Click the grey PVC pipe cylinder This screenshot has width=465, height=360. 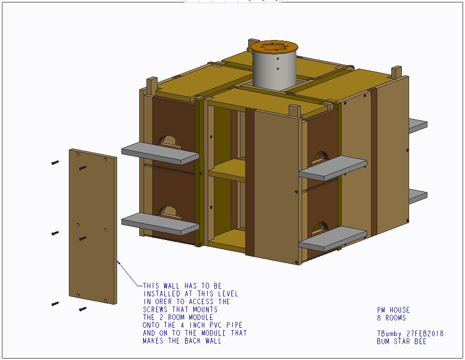pos(274,70)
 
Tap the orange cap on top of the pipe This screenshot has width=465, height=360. pos(274,47)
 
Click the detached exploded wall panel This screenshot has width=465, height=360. pos(93,227)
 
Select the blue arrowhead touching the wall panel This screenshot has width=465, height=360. pos(119,263)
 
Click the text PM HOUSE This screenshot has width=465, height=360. pos(393,310)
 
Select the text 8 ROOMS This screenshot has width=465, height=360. pos(391,318)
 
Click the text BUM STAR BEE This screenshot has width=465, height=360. pos(401,341)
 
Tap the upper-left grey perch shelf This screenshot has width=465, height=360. pos(160,153)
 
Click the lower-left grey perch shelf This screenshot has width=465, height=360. pos(160,224)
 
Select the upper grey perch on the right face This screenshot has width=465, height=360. pos(333,168)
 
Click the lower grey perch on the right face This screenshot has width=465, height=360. pos(333,239)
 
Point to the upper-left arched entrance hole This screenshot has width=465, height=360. pos(169,142)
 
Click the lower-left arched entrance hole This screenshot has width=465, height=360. pos(169,212)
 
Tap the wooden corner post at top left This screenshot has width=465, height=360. pos(152,86)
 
